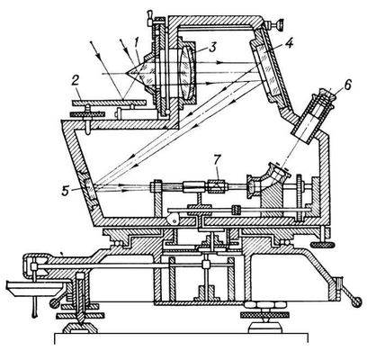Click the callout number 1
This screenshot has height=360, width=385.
(x=136, y=43)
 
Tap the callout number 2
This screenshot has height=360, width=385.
(x=76, y=81)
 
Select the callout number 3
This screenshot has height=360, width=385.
(x=212, y=48)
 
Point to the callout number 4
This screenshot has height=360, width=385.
(x=289, y=43)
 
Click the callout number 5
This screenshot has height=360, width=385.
(x=66, y=191)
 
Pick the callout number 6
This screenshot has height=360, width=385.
(x=346, y=85)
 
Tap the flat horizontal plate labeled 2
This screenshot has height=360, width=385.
(x=109, y=103)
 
